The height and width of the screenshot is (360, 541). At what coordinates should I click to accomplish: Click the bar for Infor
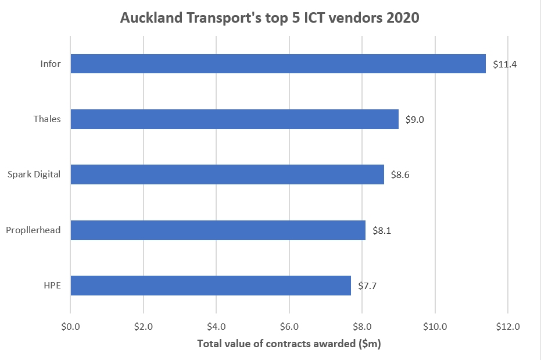[278, 63]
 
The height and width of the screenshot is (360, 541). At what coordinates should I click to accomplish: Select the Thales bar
[234, 119]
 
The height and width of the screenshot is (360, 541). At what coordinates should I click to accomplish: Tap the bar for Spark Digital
[227, 174]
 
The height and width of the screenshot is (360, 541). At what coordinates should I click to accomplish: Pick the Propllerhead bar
[218, 230]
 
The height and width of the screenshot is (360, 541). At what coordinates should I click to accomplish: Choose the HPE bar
[210, 285]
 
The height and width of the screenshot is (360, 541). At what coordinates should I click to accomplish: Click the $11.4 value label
[504, 64]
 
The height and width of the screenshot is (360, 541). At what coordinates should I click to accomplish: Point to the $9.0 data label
[415, 119]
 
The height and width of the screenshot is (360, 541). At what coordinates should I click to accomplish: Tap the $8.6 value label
[401, 174]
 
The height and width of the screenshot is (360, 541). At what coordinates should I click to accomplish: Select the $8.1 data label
[382, 230]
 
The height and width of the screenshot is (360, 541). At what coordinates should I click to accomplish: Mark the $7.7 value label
[368, 286]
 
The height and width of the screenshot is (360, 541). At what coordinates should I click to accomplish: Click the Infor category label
[51, 63]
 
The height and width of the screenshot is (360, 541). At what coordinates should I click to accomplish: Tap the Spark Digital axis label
[34, 174]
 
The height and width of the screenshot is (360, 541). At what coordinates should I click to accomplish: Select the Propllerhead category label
[33, 230]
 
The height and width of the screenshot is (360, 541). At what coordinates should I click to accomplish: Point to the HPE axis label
[52, 285]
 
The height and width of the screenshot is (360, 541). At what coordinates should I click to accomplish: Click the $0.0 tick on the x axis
[70, 326]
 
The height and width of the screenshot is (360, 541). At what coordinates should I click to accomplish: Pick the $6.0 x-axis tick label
[289, 326]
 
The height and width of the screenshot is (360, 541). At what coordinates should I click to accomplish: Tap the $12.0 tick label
[508, 326]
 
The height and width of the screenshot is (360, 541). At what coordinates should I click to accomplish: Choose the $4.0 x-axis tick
[216, 326]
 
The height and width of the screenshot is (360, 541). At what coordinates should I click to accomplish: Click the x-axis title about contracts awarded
[289, 343]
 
